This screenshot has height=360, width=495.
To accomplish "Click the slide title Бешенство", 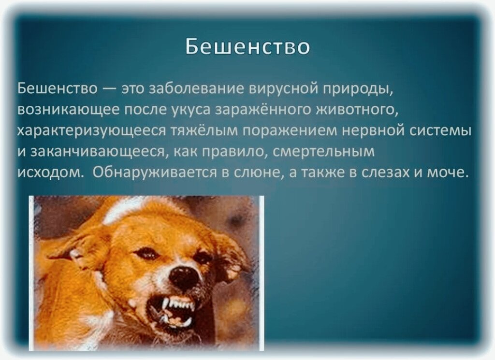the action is click(247, 47).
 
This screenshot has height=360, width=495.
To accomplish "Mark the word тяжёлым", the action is click(204, 131).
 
